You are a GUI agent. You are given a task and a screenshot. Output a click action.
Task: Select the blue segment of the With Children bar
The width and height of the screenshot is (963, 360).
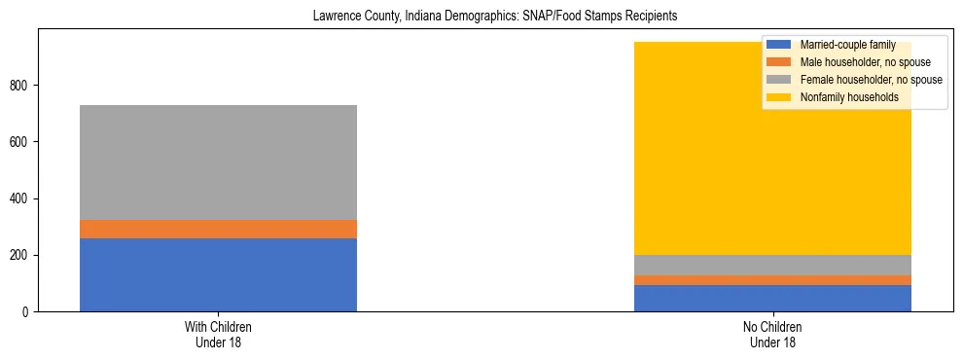coord(218,274)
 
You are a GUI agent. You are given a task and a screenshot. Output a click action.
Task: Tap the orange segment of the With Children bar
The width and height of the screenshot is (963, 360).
coord(218,229)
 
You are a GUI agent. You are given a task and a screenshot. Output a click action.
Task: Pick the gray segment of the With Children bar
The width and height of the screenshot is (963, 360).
coord(218,162)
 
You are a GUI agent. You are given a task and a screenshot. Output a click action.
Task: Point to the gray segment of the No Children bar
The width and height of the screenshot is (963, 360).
coord(772,265)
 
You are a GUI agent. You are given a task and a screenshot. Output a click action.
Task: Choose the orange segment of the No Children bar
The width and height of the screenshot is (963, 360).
coord(772,280)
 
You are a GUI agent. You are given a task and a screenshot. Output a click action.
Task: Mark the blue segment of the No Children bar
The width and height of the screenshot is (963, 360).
coord(772,298)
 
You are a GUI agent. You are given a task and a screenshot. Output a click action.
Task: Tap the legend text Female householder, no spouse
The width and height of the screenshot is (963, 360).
coord(871,80)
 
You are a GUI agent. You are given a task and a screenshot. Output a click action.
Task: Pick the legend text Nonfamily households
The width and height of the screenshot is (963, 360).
coord(848,97)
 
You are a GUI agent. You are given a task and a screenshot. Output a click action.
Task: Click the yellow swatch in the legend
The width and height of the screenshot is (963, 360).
coord(779,97)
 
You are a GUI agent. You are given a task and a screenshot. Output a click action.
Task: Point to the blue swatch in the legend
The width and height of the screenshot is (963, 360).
coord(779,45)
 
